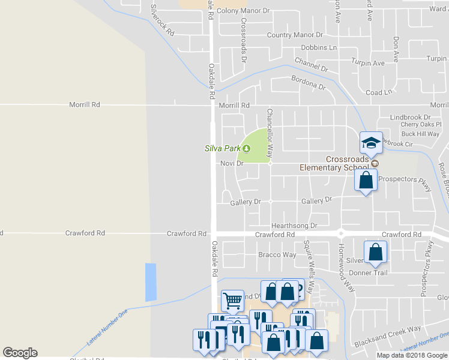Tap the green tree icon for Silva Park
click(x=246, y=148)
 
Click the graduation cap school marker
click(x=371, y=143)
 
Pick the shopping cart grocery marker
click(x=232, y=299)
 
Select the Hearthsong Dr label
click(x=294, y=226)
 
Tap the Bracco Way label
click(x=277, y=254)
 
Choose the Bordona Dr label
click(x=308, y=82)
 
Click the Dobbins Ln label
click(x=319, y=47)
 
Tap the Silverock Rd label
click(x=161, y=19)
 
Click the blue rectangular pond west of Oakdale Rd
click(x=150, y=282)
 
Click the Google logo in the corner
click(x=20, y=352)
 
